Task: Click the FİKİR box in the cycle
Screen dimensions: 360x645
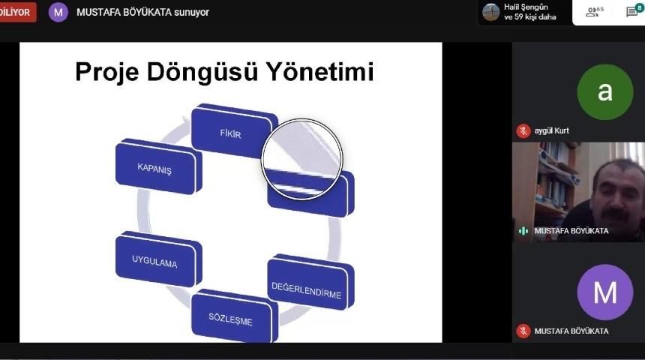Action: point(230,133)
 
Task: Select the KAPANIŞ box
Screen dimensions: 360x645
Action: point(155,169)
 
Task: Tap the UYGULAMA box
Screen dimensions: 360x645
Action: point(155,262)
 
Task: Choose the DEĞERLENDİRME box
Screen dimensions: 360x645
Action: point(307,289)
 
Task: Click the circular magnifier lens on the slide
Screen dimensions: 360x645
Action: point(301,158)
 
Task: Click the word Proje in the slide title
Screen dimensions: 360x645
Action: point(114,73)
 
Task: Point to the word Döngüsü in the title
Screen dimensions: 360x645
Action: point(212,73)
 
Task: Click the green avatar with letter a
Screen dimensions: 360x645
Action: point(604,91)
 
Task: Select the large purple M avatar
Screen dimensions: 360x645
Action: point(604,292)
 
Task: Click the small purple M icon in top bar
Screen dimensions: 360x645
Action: point(58,12)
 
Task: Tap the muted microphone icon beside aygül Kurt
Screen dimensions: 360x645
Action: point(523,130)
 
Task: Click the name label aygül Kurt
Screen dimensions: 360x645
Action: point(551,130)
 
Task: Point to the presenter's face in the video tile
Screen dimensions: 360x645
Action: point(618,191)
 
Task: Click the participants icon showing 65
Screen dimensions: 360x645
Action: point(594,12)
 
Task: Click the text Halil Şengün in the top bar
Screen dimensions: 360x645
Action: point(526,7)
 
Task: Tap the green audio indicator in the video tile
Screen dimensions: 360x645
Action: point(523,231)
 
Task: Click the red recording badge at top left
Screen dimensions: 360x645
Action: point(17,12)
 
